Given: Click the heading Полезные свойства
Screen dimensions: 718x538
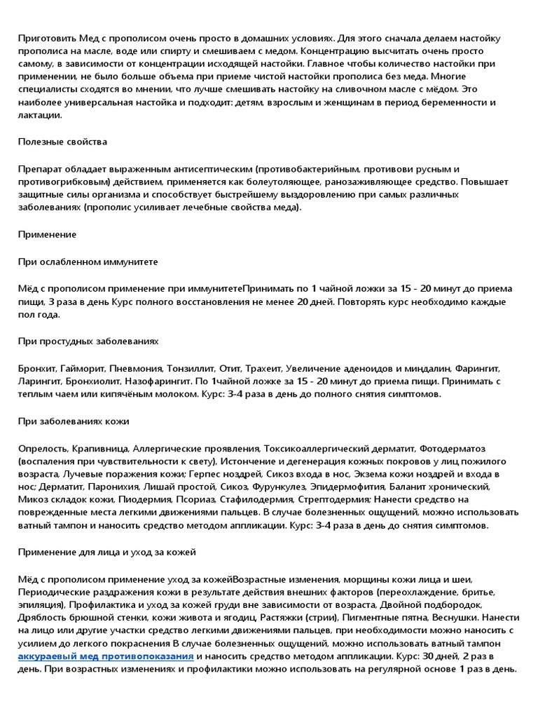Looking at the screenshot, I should pyautogui.click(x=62, y=142).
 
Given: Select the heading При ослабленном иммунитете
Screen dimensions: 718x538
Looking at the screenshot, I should pyautogui.click(x=88, y=262).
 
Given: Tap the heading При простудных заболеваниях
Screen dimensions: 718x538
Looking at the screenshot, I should pyautogui.click(x=88, y=341).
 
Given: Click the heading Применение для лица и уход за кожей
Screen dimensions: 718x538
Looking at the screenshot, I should pyautogui.click(x=106, y=552).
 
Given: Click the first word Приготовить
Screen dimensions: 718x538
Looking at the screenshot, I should pyautogui.click(x=46, y=38).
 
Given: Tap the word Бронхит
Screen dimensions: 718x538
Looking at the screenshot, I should pyautogui.click(x=38, y=368).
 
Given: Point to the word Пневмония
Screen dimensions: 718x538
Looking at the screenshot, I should pyautogui.click(x=136, y=368).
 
